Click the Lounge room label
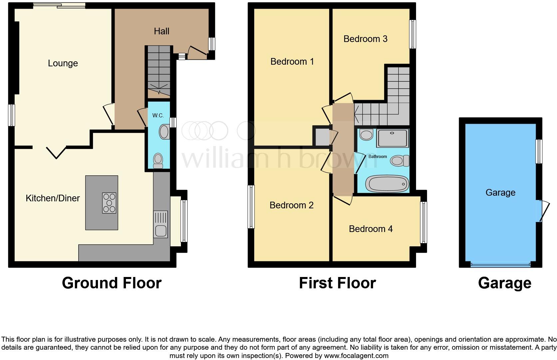(63, 63)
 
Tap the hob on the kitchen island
(109, 203)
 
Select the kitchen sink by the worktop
(161, 230)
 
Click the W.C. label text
(158, 115)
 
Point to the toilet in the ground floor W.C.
(158, 160)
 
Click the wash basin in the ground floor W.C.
(164, 132)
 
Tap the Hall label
(162, 31)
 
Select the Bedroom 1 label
(292, 62)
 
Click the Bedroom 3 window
(412, 34)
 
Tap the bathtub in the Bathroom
(387, 184)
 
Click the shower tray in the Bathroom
(392, 138)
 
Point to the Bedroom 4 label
(370, 229)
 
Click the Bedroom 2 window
(251, 207)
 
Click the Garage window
(539, 151)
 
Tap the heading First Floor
(337, 283)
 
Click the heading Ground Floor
(112, 283)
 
